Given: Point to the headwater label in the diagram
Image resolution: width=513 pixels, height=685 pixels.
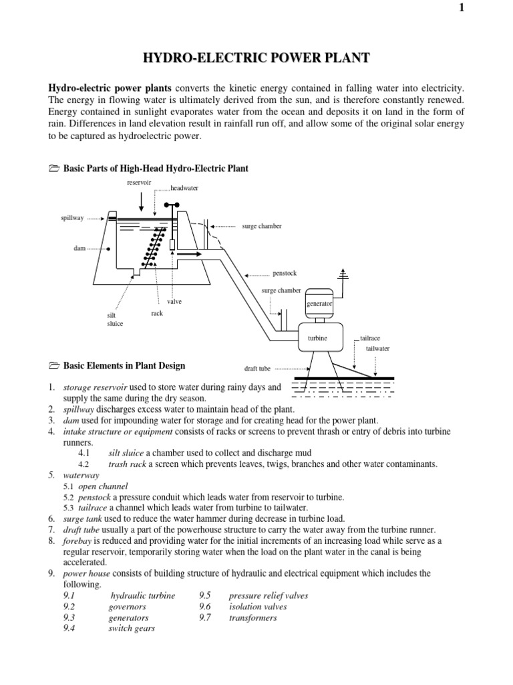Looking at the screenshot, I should (x=184, y=189).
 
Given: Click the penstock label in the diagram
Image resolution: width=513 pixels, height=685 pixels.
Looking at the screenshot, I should (x=283, y=274).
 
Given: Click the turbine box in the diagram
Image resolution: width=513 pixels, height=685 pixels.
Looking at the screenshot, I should (x=317, y=338).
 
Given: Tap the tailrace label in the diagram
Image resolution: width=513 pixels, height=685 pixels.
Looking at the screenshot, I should (x=370, y=339).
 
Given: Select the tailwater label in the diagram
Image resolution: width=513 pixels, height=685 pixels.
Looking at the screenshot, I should (x=377, y=349).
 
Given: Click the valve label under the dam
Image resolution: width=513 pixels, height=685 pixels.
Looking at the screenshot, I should (x=174, y=302).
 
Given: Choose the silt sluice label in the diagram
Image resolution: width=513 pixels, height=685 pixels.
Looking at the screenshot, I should (x=115, y=319).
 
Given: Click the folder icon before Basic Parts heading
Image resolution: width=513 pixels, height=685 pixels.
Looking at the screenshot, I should (x=54, y=169).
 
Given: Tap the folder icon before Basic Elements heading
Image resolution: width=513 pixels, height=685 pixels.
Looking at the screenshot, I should (x=54, y=366).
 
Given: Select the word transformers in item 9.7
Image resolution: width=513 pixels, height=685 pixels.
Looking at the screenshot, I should (x=252, y=617).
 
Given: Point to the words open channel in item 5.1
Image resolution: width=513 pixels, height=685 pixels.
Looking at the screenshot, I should (x=103, y=486).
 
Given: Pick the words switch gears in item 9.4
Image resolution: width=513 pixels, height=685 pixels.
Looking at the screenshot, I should (x=132, y=628).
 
